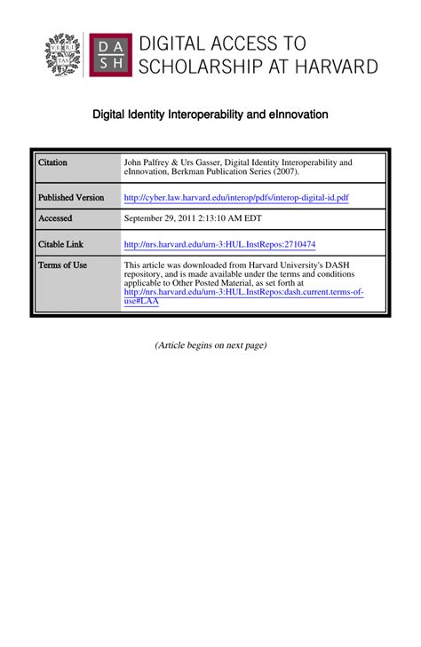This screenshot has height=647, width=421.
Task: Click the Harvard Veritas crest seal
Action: [x=63, y=54]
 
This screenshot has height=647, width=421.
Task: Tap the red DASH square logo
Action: [x=111, y=54]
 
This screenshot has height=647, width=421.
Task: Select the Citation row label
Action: [x=52, y=163]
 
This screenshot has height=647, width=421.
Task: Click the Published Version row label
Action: [x=71, y=197]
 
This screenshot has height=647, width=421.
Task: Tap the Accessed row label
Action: [x=55, y=218]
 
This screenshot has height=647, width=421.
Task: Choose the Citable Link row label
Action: [x=60, y=244]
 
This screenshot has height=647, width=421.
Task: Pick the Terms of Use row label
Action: [x=62, y=265]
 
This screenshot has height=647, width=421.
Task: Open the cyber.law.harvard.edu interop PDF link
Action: [x=236, y=197]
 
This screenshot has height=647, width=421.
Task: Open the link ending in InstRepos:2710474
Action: [x=219, y=244]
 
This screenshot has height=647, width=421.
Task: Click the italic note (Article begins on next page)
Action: [x=210, y=345]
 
